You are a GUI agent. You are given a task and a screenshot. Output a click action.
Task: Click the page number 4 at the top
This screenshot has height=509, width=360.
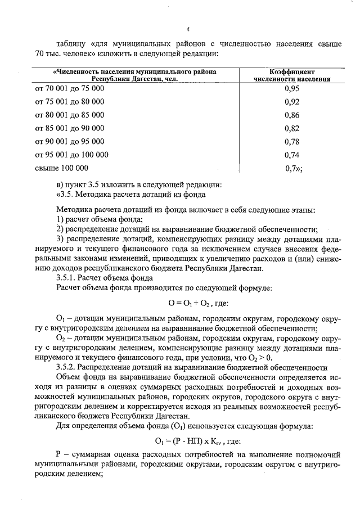click(188, 29)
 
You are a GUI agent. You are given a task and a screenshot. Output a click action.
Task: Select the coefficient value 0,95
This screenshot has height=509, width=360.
click(291, 89)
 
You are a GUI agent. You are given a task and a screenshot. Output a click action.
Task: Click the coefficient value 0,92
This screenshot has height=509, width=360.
click(291, 102)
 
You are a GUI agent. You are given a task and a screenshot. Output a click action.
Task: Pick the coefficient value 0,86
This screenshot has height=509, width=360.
click(291, 115)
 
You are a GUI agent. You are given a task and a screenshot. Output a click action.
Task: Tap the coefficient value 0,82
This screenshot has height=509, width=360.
click(291, 128)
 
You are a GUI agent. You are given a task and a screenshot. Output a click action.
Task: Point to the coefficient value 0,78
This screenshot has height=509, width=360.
click(291, 141)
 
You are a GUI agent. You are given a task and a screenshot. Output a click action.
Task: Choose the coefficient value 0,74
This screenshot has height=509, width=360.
click(291, 154)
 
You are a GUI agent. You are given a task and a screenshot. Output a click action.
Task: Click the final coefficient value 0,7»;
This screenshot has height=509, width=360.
click(294, 168)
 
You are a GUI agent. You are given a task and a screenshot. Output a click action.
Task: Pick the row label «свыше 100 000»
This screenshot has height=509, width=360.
click(61, 168)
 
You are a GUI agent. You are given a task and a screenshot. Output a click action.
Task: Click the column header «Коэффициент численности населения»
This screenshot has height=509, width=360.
click(291, 76)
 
